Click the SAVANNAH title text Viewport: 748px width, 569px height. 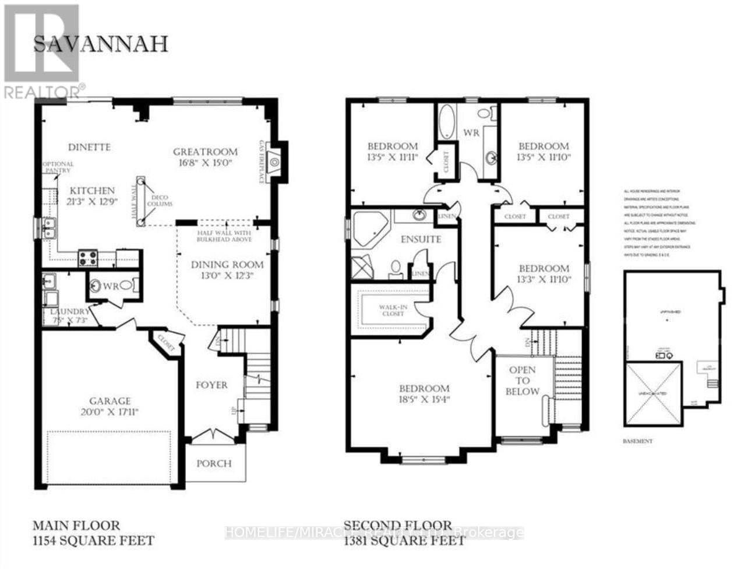[100, 45]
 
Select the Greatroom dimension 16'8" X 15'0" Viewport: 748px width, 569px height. [203, 163]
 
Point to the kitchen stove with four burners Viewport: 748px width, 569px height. [88, 258]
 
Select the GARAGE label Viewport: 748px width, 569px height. [110, 401]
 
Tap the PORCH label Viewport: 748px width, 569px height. [213, 463]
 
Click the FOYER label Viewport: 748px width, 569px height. [211, 385]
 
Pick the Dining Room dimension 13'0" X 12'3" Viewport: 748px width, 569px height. [227, 276]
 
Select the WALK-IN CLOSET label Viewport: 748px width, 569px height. [391, 309]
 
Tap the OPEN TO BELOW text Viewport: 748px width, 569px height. [523, 381]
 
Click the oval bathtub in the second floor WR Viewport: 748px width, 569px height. [447, 122]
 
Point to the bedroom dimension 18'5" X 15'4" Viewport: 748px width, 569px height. [424, 400]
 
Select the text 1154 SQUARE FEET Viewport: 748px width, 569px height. [93, 541]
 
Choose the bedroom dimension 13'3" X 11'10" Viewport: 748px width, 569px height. [544, 279]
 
